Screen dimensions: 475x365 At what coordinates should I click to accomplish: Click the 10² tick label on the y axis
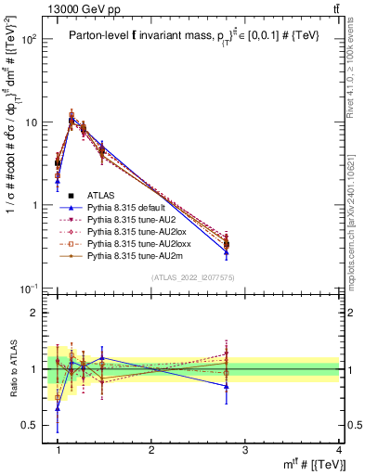(x=28, y=40)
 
